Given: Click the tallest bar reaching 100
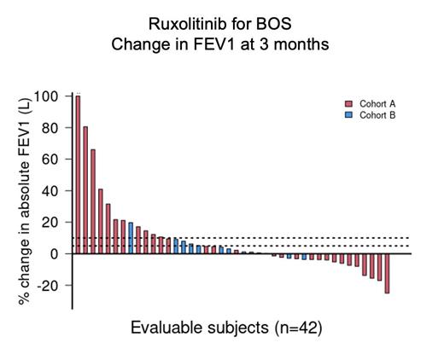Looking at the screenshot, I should [78, 174].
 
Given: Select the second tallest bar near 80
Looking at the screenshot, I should [85, 189].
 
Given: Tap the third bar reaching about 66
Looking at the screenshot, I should [93, 201].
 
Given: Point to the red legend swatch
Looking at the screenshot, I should [348, 103].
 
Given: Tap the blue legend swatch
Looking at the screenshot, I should [348, 113].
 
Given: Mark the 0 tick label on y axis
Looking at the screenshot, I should [55, 253].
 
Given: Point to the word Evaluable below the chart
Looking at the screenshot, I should [164, 328].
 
